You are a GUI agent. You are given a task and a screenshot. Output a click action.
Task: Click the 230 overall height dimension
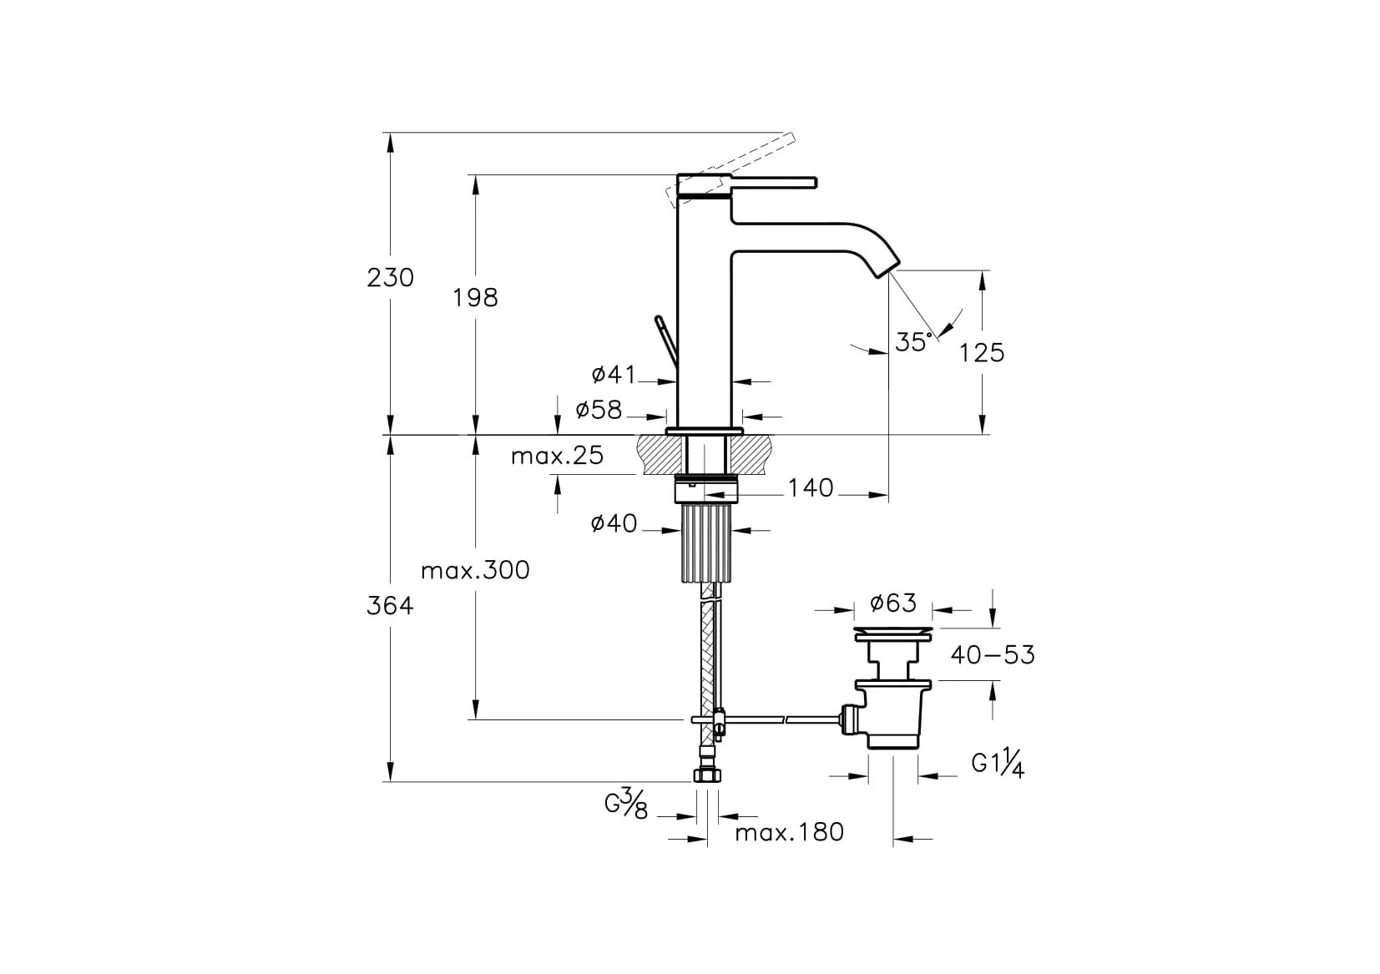pyautogui.click(x=391, y=278)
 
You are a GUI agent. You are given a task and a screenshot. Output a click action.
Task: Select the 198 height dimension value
pyautogui.click(x=475, y=298)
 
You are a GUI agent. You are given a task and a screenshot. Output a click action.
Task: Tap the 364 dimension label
pyautogui.click(x=390, y=606)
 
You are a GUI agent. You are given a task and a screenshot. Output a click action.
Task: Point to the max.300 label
pyautogui.click(x=475, y=571)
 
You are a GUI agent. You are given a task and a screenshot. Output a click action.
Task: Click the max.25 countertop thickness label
pyautogui.click(x=557, y=456)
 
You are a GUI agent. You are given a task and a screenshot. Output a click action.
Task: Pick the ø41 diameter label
pyautogui.click(x=614, y=374)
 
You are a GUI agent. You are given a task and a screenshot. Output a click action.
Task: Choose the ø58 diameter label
pyautogui.click(x=599, y=410)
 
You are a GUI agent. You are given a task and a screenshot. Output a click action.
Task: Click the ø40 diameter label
pyautogui.click(x=614, y=523)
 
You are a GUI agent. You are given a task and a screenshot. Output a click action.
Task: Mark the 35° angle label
pyautogui.click(x=913, y=342)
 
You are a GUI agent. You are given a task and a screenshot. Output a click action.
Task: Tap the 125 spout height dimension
pyautogui.click(x=982, y=353)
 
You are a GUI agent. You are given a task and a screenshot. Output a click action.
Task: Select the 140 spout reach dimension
pyautogui.click(x=811, y=488)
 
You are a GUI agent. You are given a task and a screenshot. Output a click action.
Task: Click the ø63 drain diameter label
pyautogui.click(x=893, y=603)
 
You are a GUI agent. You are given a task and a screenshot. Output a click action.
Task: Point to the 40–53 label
pyautogui.click(x=993, y=655)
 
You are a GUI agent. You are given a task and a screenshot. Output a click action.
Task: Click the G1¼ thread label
pyautogui.click(x=998, y=764)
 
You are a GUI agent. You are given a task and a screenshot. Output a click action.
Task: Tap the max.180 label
pyautogui.click(x=789, y=833)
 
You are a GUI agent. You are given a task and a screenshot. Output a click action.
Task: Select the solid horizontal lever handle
pyautogui.click(x=773, y=182)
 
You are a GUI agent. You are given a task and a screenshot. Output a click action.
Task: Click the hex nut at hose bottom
pyautogui.click(x=707, y=775)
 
